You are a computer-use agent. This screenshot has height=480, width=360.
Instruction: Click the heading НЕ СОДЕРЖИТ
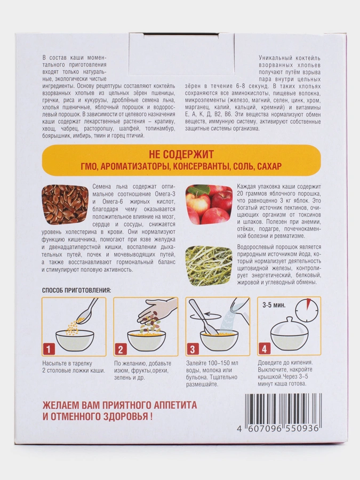[181, 155]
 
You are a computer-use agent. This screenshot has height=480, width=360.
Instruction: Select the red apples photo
[209, 204]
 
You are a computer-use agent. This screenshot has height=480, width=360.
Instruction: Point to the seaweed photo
[209, 266]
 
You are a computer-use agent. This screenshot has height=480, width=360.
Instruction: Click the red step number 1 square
[49, 349]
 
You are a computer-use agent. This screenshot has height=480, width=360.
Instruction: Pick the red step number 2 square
[121, 349]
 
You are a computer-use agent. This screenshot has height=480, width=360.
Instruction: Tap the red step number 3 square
[193, 349]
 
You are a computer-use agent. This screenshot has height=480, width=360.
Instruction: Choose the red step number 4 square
[265, 349]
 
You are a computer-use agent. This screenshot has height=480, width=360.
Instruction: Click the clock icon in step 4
[307, 310]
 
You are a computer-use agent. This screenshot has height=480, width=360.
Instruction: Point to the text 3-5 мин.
[274, 305]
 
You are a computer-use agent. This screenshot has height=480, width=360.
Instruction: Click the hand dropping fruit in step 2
[158, 310]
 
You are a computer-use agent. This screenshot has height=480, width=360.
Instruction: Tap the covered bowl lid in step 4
[289, 327]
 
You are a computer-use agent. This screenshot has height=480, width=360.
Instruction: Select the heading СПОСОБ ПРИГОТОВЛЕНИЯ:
[76, 290]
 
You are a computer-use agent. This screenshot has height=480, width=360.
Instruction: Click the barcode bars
[282, 409]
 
